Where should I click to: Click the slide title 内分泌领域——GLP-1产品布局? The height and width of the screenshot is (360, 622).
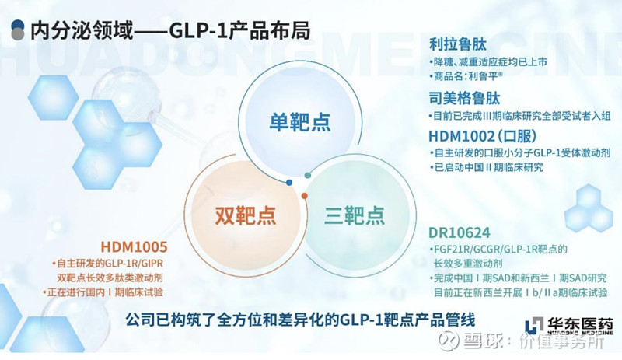point(170,30)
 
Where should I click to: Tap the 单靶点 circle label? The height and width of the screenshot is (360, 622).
point(300,121)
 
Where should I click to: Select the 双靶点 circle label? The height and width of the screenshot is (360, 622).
point(246,215)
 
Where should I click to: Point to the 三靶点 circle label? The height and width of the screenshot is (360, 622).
point(355,215)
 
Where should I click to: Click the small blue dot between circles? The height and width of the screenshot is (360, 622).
point(289,183)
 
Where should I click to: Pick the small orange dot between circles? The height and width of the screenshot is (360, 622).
point(305,196)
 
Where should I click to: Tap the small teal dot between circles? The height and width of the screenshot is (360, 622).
point(307,175)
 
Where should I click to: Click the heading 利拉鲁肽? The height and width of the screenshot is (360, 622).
point(458,44)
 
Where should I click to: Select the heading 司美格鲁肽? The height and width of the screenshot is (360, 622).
point(464,98)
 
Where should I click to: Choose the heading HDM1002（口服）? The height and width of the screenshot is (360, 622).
point(483,136)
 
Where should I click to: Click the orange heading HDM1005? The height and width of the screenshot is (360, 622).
point(134,247)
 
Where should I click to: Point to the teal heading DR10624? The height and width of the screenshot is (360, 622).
point(460,232)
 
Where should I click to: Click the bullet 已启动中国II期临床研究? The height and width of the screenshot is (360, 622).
point(487,167)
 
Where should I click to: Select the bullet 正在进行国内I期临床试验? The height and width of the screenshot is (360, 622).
point(103,292)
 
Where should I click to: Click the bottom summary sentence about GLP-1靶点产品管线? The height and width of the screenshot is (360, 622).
point(300,320)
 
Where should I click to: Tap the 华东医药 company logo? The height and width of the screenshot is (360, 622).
point(569,327)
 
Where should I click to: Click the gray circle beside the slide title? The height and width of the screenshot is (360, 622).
point(18,34)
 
